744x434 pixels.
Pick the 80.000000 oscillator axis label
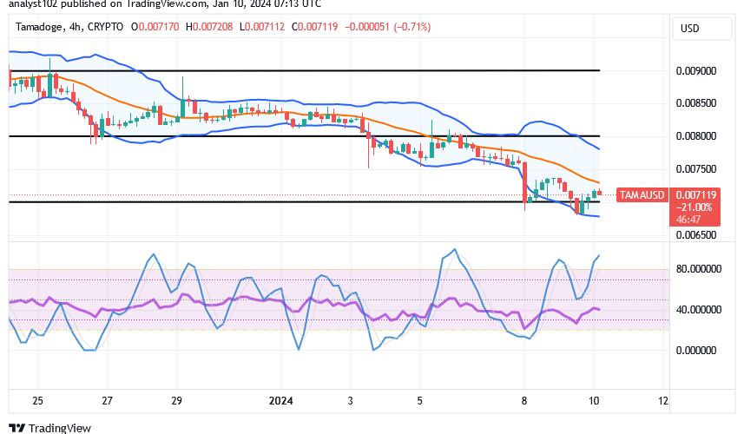point(700,269)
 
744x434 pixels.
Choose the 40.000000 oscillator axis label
point(700,309)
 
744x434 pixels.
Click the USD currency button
point(689,29)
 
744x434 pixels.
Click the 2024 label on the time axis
point(281,402)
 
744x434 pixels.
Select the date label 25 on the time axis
point(38,402)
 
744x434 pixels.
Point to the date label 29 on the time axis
point(176,402)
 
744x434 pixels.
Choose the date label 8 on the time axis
point(524,402)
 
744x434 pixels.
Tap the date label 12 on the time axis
point(663,402)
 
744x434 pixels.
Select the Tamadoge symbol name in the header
point(40,27)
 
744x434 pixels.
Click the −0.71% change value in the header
point(412,27)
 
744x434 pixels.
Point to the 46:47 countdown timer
point(693,220)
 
